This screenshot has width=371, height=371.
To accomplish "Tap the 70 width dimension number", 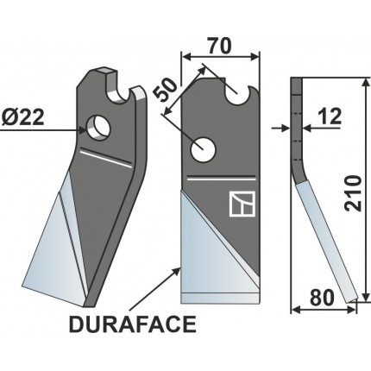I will coord(220,43).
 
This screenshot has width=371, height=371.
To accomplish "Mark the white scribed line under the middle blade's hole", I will coord(216,180).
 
